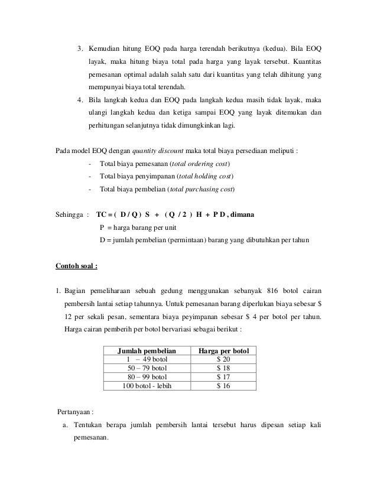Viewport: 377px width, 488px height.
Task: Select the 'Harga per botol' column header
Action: coord(223,350)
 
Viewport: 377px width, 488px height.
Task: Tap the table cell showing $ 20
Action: coord(223,359)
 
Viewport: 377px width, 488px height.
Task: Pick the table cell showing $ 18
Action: coord(223,368)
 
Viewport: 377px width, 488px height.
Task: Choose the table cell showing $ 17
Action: coord(223,377)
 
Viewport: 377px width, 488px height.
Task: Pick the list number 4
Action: coord(80,99)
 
